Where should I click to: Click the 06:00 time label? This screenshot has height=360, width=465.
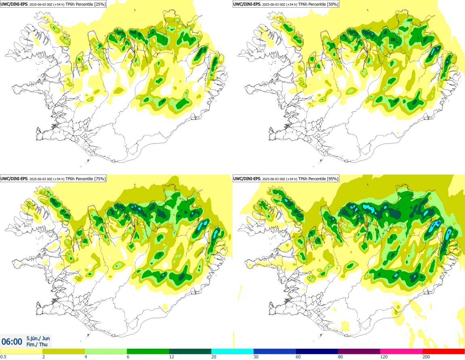12,341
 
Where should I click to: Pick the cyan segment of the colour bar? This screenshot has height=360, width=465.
232,351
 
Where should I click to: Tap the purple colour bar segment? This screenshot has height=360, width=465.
359,351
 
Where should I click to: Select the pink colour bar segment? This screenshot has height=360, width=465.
401,351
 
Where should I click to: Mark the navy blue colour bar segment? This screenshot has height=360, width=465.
317,351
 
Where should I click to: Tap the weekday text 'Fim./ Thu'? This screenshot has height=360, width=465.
35,345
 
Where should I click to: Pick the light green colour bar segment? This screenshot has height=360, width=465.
106,351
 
